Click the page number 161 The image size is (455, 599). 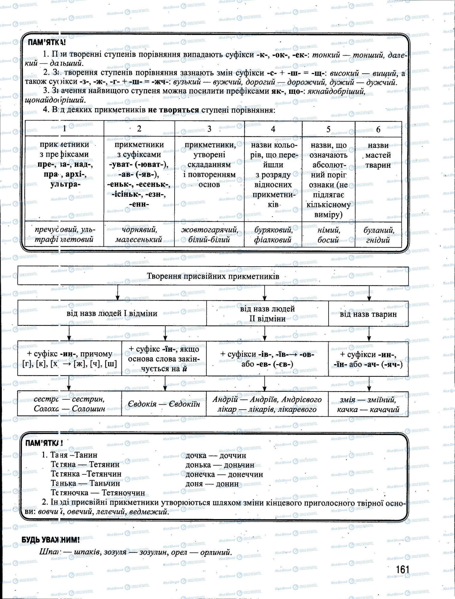(x=402, y=569)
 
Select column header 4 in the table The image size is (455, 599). (x=273, y=129)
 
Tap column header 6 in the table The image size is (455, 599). (x=378, y=129)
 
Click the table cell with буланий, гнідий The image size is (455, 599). (x=378, y=235)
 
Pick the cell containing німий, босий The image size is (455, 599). (x=328, y=235)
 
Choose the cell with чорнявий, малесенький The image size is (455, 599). (x=139, y=235)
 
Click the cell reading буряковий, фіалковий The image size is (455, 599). (x=273, y=235)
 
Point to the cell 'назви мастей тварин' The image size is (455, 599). (x=378, y=155)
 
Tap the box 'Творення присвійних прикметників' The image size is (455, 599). (x=213, y=276)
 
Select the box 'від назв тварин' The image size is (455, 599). (x=368, y=314)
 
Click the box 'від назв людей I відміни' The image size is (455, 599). (x=112, y=314)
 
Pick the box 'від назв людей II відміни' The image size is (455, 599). (x=267, y=314)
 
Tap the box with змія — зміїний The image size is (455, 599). (x=368, y=404)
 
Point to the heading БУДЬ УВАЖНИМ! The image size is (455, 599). (x=50, y=541)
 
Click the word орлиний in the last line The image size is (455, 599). (x=216, y=552)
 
